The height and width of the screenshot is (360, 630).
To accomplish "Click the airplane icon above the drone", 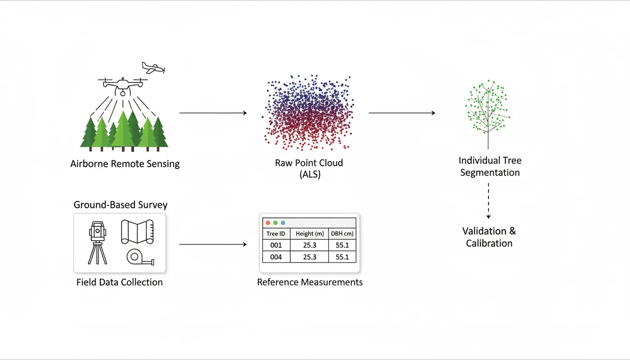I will point(153,68).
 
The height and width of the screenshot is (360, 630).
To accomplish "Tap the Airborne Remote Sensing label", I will point(125,164).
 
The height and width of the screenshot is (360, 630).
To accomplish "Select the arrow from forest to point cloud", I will point(213,113).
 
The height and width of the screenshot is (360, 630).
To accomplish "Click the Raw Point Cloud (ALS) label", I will point(309,169).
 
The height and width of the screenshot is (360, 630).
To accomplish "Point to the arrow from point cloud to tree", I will point(402,113).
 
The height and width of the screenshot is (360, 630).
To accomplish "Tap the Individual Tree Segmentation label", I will point(490,166).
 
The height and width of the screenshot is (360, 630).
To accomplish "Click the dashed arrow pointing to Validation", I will point(488,201).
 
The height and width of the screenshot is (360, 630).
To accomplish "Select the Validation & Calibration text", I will point(489,237).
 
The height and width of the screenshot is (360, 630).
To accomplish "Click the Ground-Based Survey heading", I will point(120,205).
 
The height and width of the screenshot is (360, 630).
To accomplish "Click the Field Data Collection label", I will point(120,282).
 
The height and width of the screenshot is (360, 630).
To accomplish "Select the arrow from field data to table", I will point(213,244).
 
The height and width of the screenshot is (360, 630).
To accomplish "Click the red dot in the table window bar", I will point(268,223).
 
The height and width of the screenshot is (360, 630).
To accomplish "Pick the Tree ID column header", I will point(276,233).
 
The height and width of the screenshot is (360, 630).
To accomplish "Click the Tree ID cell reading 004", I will point(276,257).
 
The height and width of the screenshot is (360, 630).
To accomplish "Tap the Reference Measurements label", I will point(310,282).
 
